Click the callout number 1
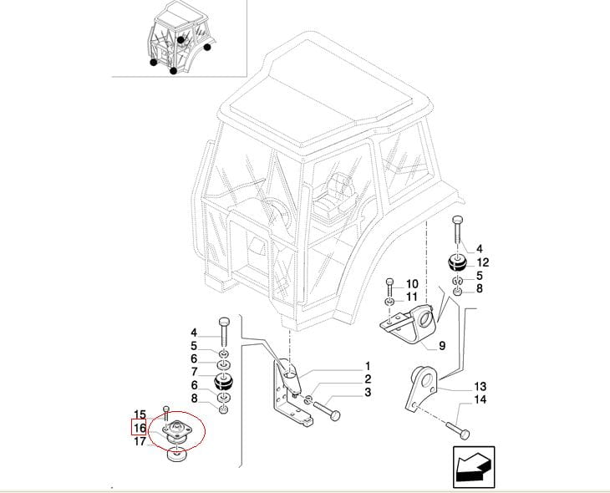(367, 366)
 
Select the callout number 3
(367, 393)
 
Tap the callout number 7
(193, 371)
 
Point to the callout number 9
(441, 344)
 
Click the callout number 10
(411, 284)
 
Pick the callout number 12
(483, 262)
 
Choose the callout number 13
(480, 386)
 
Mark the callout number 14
(480, 400)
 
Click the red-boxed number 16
(140, 428)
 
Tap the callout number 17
(140, 441)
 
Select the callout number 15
(140, 414)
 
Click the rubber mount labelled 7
(224, 384)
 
